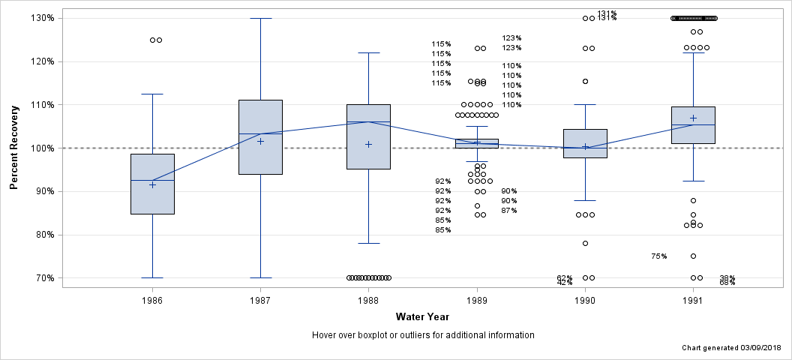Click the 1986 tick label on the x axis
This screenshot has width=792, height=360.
pos(152,300)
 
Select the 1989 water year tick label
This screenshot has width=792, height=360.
pos(476,300)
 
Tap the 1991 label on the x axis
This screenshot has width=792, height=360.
pos(693,300)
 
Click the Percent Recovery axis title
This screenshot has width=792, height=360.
pos(14,148)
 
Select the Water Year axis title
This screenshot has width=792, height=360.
pos(422,316)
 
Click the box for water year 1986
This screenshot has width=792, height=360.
pos(152,184)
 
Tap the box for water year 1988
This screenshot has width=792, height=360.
pos(368,136)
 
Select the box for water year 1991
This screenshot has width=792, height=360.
pos(693,124)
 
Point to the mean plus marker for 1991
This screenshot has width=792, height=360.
pos(693,118)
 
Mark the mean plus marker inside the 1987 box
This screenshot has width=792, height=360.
pos(260,141)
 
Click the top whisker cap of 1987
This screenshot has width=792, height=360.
pos(260,18)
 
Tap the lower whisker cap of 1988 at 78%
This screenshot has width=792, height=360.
pos(368,243)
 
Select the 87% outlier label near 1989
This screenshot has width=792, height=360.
pos(509,211)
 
